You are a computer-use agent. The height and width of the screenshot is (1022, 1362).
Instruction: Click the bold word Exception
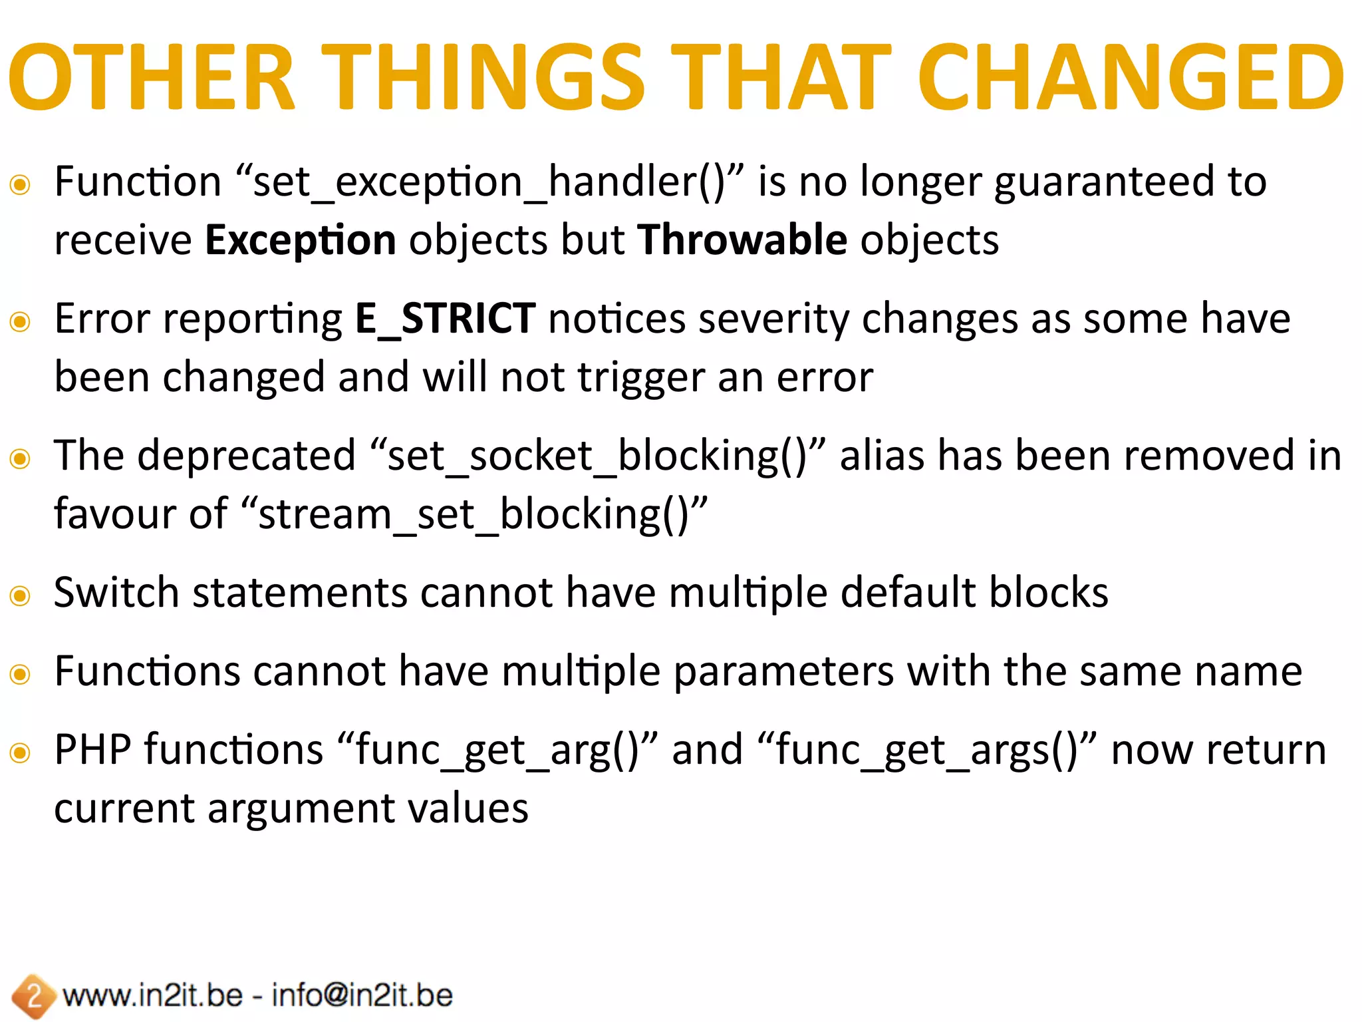(x=300, y=240)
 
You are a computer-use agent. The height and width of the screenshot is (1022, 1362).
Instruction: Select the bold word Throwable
(x=742, y=240)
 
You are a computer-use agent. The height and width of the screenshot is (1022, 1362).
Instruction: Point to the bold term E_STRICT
(x=445, y=319)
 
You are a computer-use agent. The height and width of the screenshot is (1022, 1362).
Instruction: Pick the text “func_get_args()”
(x=926, y=751)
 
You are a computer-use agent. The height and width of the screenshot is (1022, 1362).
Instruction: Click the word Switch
(x=116, y=593)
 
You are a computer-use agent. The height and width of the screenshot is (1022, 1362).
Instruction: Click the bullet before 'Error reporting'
(x=21, y=322)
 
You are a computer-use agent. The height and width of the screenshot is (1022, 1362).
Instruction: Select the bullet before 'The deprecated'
(x=21, y=459)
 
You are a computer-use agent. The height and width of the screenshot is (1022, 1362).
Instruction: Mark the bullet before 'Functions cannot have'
(x=21, y=675)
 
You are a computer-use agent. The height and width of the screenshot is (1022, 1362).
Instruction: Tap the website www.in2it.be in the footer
(x=152, y=996)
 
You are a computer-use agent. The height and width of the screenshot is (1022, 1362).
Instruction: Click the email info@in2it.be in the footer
(x=362, y=996)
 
